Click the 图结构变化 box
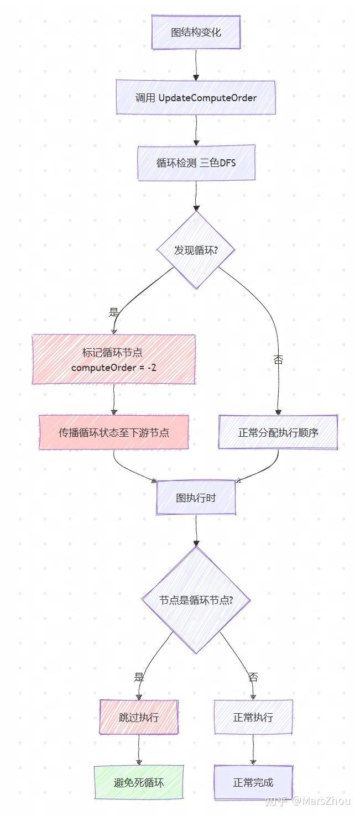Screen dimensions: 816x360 (196, 32)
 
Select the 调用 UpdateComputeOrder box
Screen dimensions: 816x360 (196, 98)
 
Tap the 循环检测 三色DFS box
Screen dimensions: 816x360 (196, 163)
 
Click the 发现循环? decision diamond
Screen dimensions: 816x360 (196, 250)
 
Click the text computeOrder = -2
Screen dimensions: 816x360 (113, 367)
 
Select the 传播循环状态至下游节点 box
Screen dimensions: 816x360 (113, 432)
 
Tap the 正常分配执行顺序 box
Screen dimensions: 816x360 (278, 432)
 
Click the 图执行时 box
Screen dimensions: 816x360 (196, 498)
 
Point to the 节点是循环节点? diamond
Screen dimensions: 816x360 (196, 600)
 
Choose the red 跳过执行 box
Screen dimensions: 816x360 (139, 717)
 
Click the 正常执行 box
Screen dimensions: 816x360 (253, 717)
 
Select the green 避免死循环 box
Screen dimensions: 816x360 (139, 782)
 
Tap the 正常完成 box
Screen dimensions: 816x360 (253, 782)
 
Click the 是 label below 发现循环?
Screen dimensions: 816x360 (114, 312)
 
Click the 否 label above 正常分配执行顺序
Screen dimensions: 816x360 (278, 360)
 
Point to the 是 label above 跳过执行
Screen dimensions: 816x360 (139, 677)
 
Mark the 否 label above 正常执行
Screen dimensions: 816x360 (253, 677)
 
